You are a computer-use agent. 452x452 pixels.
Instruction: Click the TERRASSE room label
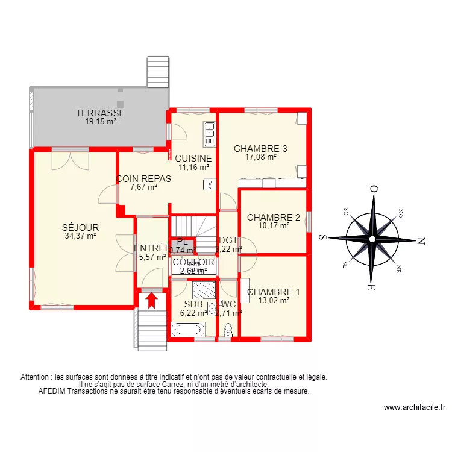(x=100, y=113)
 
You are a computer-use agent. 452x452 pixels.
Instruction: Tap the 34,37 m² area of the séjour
(x=80, y=236)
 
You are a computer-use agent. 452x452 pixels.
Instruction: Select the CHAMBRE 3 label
(x=260, y=149)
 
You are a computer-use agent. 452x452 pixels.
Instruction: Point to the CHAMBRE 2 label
(x=274, y=218)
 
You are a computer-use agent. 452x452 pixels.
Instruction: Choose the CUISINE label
(x=193, y=159)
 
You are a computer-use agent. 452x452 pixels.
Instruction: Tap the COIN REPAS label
(x=144, y=179)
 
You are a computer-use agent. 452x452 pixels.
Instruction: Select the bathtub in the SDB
(x=188, y=330)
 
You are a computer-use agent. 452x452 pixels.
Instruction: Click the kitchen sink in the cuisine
(x=209, y=134)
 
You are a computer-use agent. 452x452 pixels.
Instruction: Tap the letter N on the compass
(x=421, y=240)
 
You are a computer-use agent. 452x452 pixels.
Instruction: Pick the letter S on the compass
(x=323, y=237)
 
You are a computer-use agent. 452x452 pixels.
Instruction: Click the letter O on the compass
(x=374, y=189)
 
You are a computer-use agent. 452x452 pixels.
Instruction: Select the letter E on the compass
(x=373, y=287)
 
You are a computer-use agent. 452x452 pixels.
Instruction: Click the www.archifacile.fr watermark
(x=414, y=407)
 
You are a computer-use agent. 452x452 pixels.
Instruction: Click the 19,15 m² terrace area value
(x=100, y=121)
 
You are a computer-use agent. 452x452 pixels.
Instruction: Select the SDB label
(x=193, y=304)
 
